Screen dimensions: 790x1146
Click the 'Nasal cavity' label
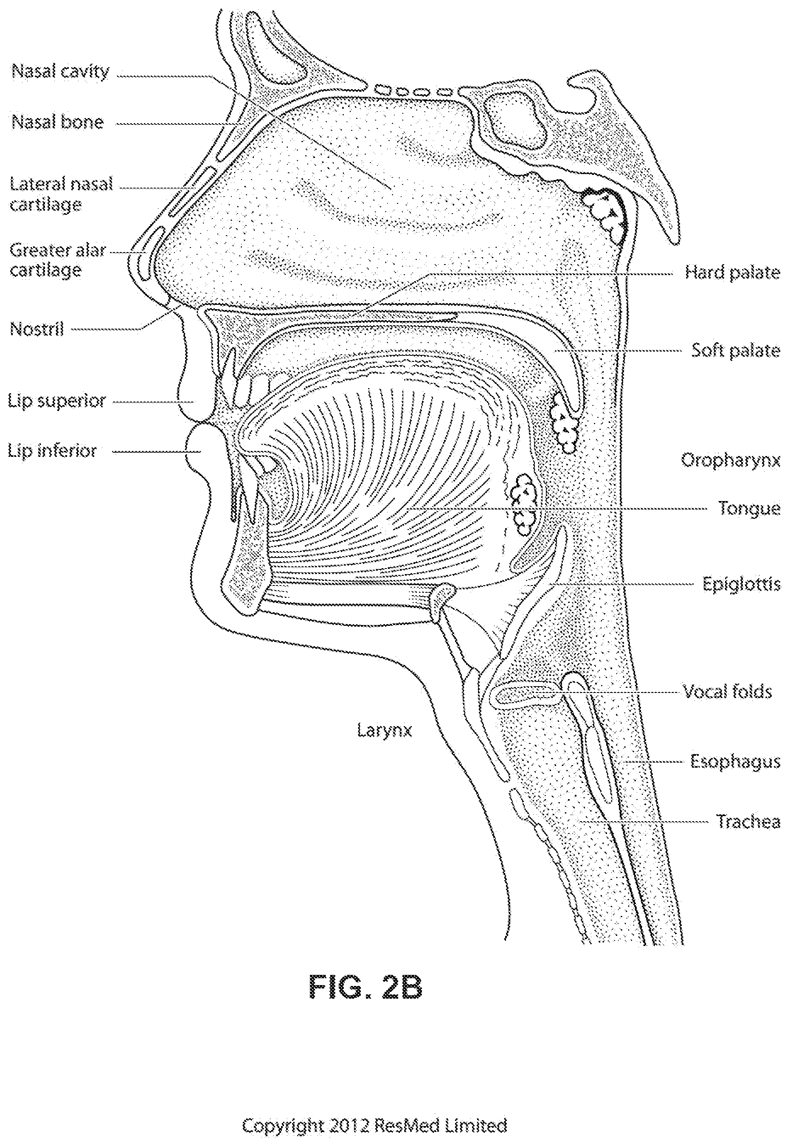click(x=60, y=72)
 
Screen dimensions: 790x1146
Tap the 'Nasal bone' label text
click(x=57, y=122)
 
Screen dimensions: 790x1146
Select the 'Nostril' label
click(x=37, y=329)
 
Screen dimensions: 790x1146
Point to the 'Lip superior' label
click(x=57, y=401)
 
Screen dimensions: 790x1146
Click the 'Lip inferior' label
click(x=52, y=451)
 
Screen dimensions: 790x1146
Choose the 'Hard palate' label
click(x=732, y=272)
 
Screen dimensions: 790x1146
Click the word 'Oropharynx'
click(x=731, y=461)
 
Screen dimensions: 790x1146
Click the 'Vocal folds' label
click(x=727, y=692)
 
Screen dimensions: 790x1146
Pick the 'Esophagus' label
click(x=736, y=762)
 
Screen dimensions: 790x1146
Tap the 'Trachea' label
click(x=748, y=822)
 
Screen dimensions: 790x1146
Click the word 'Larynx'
click(x=385, y=731)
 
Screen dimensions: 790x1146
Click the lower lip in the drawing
click(x=200, y=448)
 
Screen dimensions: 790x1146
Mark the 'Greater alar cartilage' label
click(x=58, y=260)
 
